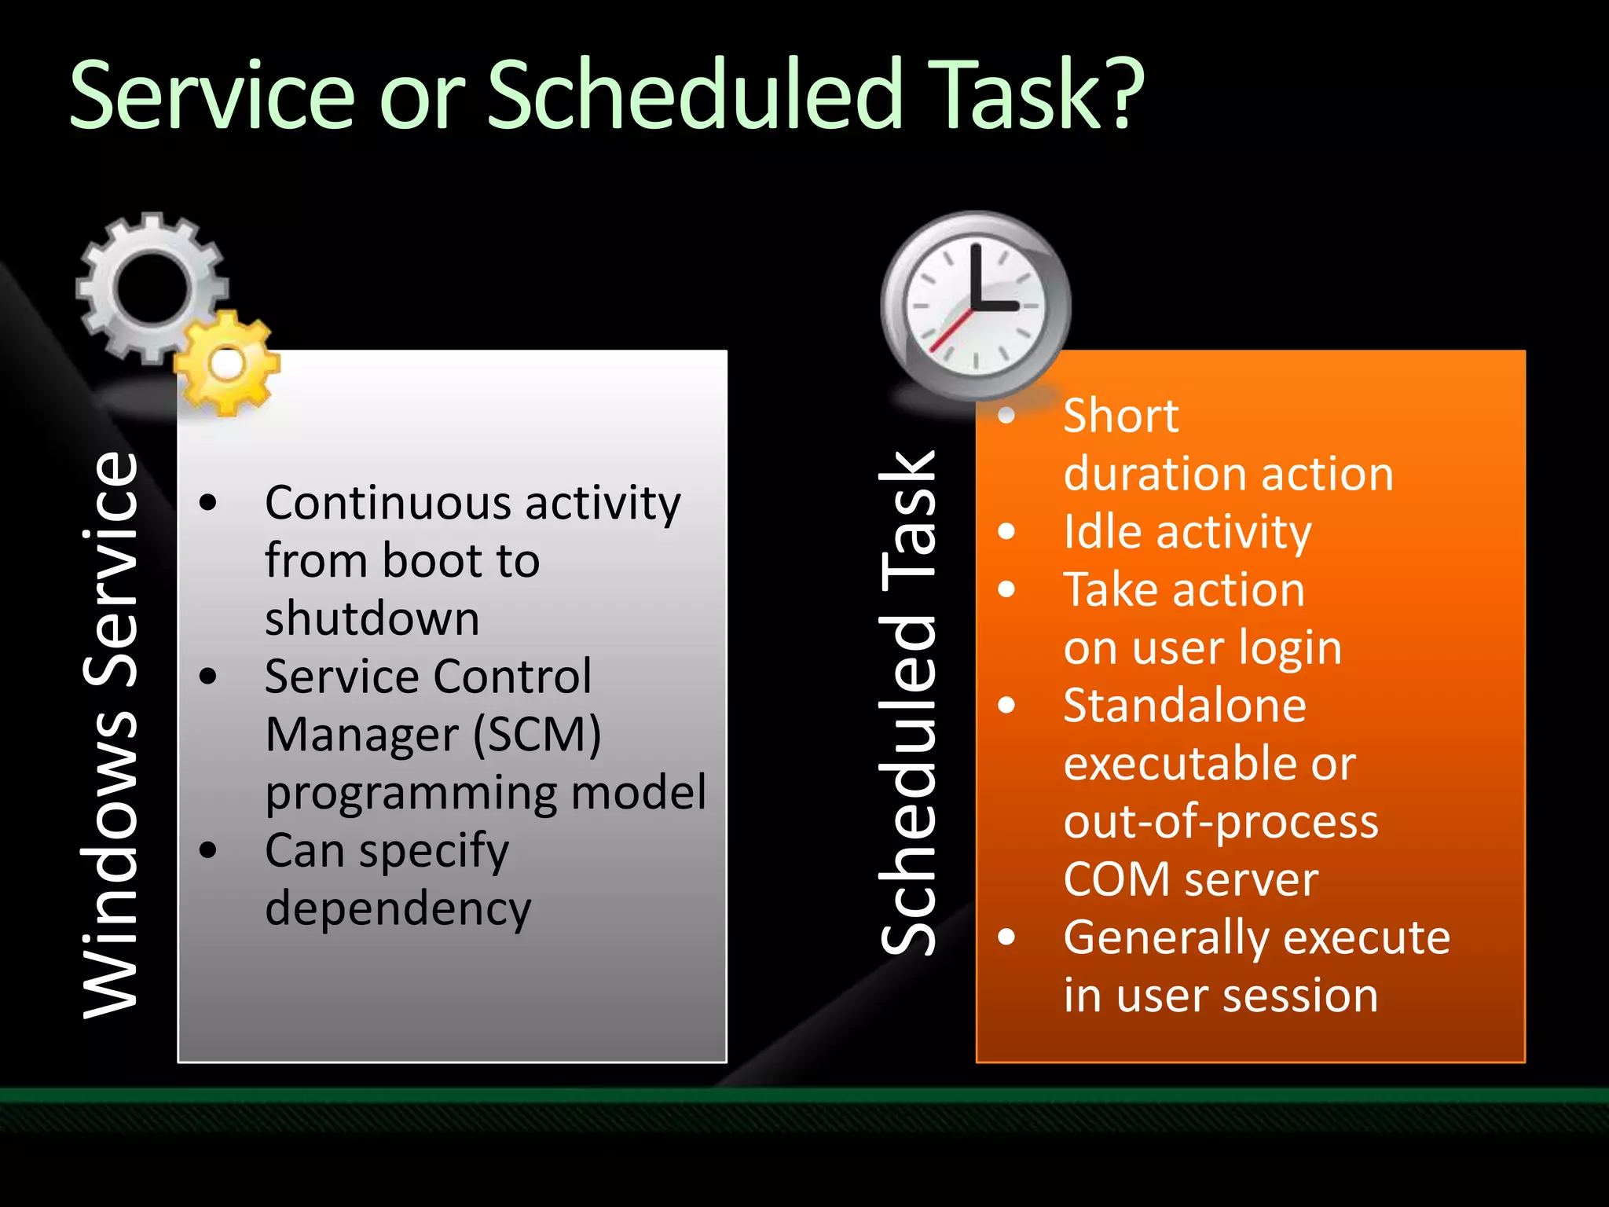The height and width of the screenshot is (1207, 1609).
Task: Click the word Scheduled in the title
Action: pos(696,94)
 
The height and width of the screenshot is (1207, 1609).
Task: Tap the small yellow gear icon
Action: pos(227,364)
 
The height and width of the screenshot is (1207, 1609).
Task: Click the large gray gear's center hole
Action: pos(150,288)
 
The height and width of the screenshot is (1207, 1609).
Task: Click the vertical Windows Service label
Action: pos(111,735)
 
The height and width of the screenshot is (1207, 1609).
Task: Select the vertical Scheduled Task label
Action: pos(908,703)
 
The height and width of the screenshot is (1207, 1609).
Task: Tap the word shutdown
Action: pos(372,618)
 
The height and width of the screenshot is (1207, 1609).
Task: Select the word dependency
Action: pos(398,909)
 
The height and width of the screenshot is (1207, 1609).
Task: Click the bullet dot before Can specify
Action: pos(208,850)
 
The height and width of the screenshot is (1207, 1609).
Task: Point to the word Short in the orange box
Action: pos(1120,415)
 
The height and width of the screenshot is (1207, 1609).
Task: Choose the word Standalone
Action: pos(1184,706)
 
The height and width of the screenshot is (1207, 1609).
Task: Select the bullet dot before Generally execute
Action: pos(1006,937)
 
